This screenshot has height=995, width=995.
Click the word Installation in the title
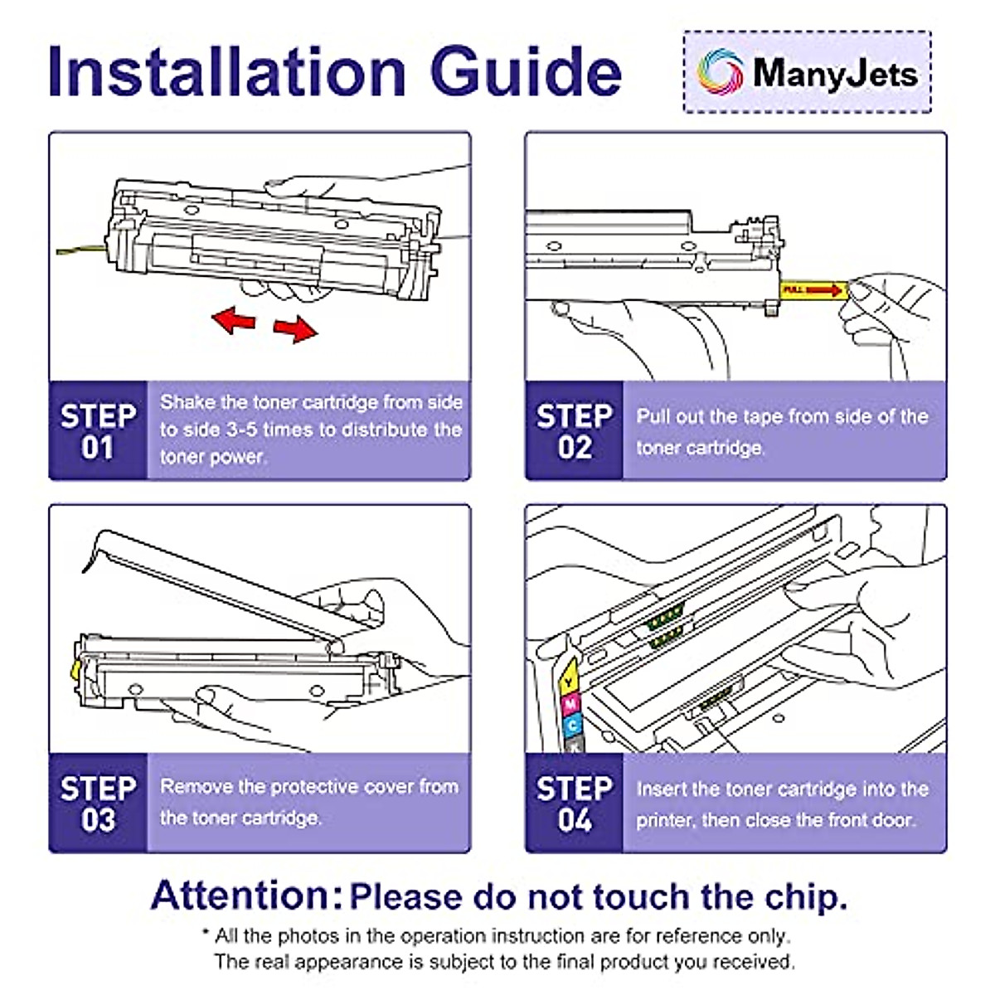[x=226, y=71]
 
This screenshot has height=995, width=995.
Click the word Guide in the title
[x=527, y=71]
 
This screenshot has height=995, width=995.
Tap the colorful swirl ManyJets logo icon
[x=720, y=72]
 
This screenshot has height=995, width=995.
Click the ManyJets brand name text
[x=835, y=74]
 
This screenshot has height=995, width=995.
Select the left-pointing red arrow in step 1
[x=235, y=320]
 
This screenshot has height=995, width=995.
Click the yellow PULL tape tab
[x=813, y=290]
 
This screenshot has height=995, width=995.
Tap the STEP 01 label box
[x=98, y=430]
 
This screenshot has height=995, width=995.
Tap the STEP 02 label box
[x=574, y=430]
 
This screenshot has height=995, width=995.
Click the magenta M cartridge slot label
[x=570, y=704]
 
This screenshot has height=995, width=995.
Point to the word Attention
[x=246, y=895]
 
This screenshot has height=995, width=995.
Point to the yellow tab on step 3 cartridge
[x=75, y=670]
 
